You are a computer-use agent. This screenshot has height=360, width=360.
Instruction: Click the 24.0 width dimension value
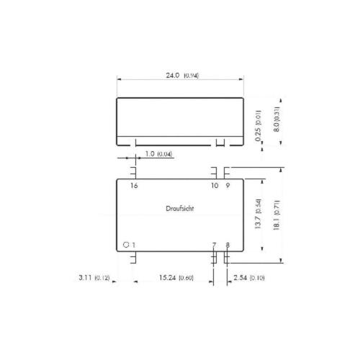(173, 76)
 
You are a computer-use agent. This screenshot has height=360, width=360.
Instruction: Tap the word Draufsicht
(180, 208)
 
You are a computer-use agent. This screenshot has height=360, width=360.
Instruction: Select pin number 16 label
(134, 186)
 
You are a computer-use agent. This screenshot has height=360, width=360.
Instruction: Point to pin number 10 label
(215, 186)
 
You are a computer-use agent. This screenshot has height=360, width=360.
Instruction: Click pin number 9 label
(228, 186)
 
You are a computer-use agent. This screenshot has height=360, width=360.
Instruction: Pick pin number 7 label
(214, 245)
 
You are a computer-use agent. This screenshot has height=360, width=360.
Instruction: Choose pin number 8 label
(228, 245)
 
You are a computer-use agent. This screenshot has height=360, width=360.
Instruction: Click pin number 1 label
(134, 245)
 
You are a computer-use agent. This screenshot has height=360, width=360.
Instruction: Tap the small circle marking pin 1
(126, 245)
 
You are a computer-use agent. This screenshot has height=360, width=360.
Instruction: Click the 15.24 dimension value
(168, 278)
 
